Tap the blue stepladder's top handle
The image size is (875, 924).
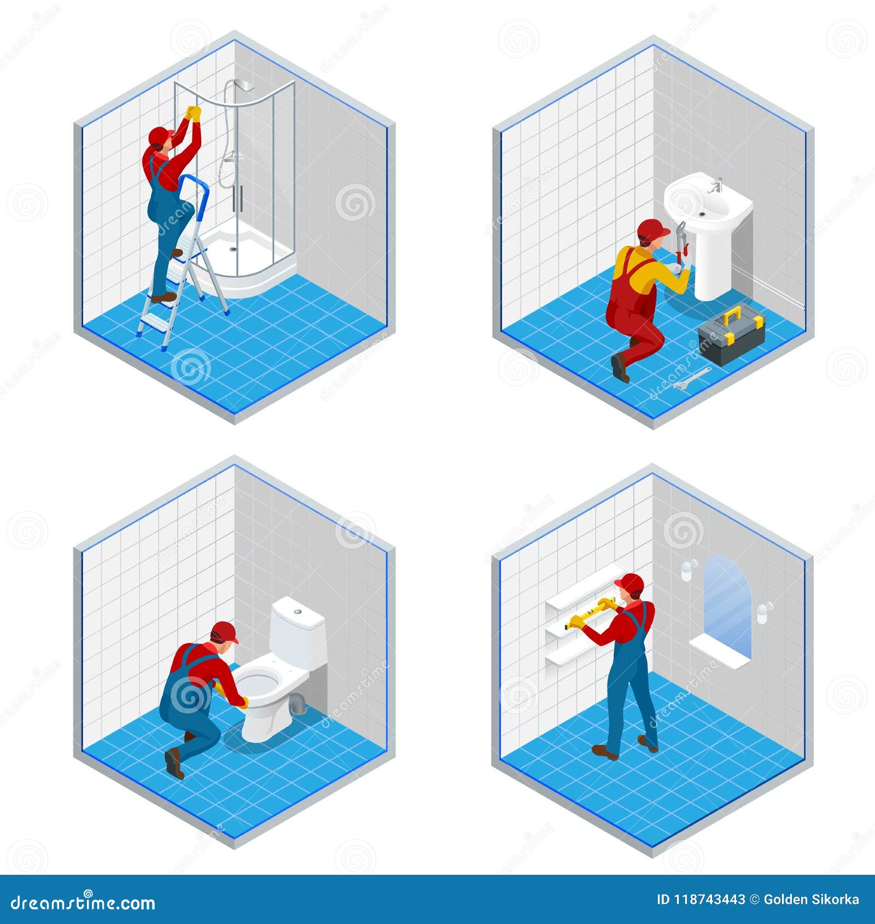(194, 179)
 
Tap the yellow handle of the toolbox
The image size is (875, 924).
(732, 315)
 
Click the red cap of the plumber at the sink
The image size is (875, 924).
(652, 229)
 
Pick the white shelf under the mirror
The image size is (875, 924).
(719, 653)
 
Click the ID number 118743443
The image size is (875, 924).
(701, 899)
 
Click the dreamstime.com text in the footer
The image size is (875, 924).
(83, 903)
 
